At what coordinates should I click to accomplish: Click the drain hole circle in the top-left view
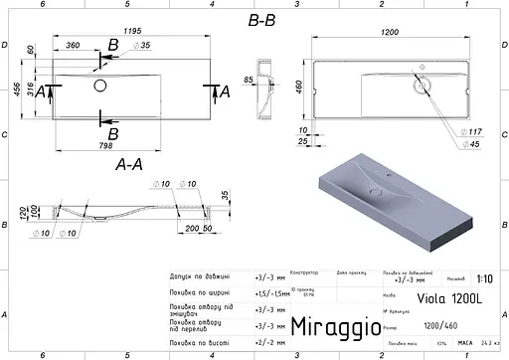(100, 86)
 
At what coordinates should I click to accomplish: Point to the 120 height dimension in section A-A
(21, 214)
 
